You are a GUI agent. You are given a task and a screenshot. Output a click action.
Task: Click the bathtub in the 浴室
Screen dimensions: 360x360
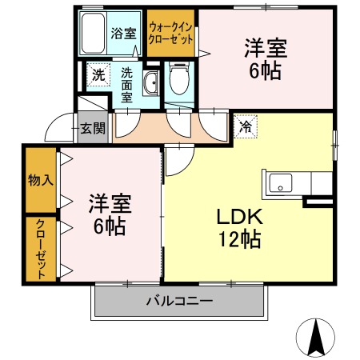pos(93,33)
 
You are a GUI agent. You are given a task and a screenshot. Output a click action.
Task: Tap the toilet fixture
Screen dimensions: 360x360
pos(179,78)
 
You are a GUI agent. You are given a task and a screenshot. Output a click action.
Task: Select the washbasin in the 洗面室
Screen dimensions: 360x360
pos(150,82)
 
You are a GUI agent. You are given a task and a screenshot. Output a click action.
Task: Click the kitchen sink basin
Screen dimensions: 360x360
pos(280,183)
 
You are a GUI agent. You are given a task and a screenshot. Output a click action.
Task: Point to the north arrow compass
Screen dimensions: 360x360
pos(316,338)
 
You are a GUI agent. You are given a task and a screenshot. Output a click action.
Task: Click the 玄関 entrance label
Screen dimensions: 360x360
pos(93,128)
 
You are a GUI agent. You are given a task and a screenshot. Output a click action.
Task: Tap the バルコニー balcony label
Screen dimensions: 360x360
pos(179,301)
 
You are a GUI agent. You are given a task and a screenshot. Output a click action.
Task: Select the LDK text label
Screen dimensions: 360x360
pos(240,216)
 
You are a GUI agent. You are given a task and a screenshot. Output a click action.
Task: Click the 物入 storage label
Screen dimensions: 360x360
pos(41,180)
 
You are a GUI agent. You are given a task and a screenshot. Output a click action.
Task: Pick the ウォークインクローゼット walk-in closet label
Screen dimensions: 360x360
pos(170,34)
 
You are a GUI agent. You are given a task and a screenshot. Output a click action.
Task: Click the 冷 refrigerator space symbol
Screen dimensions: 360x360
pos(246,126)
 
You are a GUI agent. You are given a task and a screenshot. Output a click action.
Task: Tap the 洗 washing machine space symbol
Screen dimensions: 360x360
pos(98,75)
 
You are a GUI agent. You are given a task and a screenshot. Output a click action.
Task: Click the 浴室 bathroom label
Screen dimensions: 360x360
pos(123,34)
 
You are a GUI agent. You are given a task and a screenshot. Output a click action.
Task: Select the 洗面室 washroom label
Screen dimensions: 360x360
pos(126,86)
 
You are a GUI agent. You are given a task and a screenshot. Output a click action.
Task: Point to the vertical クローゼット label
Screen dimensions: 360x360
pos(41,249)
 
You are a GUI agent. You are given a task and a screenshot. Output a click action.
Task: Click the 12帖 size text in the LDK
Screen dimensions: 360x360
pos(240,239)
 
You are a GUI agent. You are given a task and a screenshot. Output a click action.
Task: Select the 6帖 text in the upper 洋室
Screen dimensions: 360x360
pos(265,71)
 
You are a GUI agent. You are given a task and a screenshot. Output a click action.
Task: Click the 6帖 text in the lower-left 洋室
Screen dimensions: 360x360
pos(110,226)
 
